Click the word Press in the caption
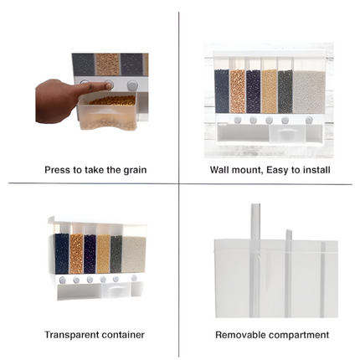pos(58,170)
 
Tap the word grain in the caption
pos(133,170)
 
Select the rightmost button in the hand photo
pos(131,85)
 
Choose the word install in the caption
pos(315,170)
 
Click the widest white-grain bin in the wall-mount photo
pos(311,91)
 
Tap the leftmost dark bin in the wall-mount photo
pos(222,91)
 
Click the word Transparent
pos(69,335)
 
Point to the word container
pos(122,335)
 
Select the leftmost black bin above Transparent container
pos(61,253)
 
